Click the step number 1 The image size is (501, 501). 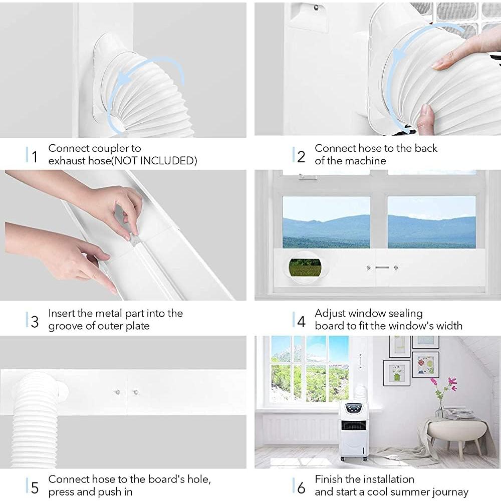tap(34, 156)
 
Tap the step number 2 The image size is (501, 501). tap(301, 156)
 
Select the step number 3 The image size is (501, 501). tap(34, 321)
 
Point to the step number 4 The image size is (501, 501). tap(301, 321)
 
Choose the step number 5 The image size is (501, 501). tap(34, 486)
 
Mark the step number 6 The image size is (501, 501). tap(301, 486)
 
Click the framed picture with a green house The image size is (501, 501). tap(396, 373)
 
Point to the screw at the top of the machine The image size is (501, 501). tap(315, 7)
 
